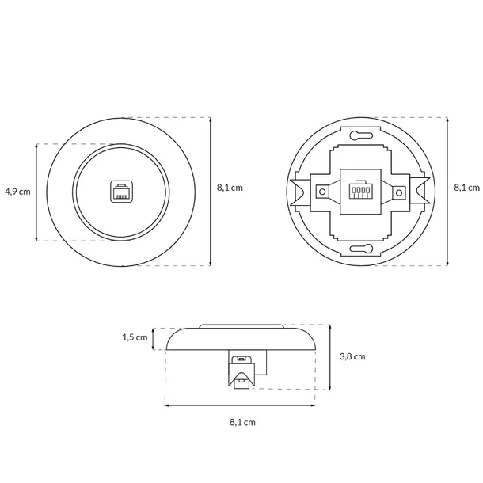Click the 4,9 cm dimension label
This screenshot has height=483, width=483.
17,192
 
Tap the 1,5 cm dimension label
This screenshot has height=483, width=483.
135,337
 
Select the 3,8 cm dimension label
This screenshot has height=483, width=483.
352,356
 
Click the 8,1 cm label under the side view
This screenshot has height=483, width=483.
242,422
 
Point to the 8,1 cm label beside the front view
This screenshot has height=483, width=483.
230,188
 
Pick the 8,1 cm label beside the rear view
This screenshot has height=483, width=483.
467,188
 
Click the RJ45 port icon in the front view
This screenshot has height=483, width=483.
122,192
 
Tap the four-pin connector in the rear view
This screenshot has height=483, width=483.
359,190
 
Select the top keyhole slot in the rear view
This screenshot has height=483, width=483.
361,135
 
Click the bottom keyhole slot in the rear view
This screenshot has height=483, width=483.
361,249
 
